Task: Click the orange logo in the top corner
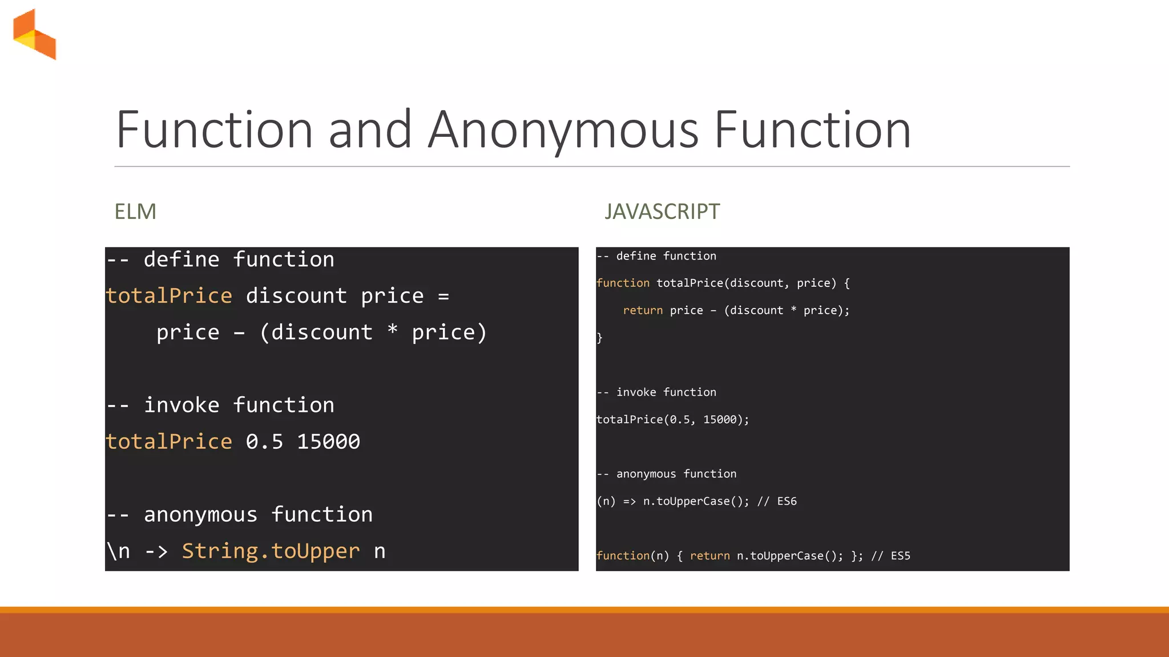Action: point(35,34)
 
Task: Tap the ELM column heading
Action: point(135,212)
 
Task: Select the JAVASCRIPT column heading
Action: point(662,212)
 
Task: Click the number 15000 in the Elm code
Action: point(328,441)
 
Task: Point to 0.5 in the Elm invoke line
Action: point(264,441)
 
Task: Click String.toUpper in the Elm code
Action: point(271,551)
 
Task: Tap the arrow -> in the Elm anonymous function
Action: point(156,551)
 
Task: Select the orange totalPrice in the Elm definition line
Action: point(169,295)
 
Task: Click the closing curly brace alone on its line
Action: point(599,338)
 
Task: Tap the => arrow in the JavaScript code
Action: point(629,501)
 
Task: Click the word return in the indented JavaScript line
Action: point(643,310)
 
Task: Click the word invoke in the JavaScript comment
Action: point(636,392)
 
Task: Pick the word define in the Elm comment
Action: point(182,259)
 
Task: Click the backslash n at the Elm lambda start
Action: point(119,551)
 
